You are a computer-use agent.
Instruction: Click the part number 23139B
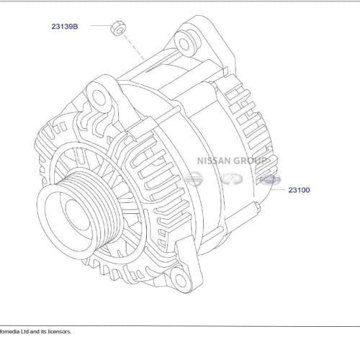tap(64, 26)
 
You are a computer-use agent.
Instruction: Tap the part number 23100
tap(299, 190)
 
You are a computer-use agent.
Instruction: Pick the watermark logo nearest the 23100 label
tap(268, 179)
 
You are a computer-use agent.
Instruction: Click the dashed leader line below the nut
tap(132, 46)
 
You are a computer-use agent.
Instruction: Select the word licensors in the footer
tap(59, 332)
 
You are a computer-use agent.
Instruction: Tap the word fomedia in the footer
tap(11, 332)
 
